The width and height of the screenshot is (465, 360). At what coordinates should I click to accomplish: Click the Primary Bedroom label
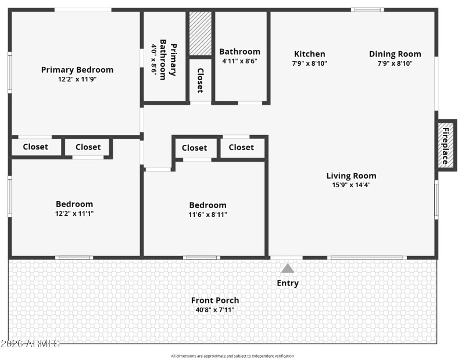coord(77,70)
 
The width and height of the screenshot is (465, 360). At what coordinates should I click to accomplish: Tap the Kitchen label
coord(309,54)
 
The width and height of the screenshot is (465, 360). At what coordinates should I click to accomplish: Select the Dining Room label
coord(395,54)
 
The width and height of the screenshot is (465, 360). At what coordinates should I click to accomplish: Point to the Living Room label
coord(351,176)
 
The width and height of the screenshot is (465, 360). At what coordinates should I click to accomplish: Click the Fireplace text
coord(446,145)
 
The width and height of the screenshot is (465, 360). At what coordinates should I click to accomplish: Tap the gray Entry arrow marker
coord(288,268)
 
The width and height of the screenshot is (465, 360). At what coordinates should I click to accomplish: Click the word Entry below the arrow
coord(288,283)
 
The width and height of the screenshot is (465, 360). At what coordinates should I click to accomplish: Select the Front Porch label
coord(215,300)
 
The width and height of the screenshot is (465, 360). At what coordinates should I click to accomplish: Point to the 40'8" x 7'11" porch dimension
coord(215,310)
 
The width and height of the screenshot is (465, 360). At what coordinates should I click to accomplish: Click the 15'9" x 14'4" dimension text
coord(351,185)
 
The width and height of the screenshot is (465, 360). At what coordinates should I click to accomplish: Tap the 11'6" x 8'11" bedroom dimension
coord(208,214)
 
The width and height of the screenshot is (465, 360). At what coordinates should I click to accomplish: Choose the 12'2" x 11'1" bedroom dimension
coord(74,213)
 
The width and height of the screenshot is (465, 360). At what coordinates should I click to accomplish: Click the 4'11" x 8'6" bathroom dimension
coord(239,61)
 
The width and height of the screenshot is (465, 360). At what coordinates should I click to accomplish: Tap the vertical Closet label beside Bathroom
coord(200,80)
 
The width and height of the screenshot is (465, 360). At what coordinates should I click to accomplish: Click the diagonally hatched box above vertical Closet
coord(200,34)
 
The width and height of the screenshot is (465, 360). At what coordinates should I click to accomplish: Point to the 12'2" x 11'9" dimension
coord(77,79)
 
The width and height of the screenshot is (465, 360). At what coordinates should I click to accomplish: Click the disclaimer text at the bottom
coord(233,356)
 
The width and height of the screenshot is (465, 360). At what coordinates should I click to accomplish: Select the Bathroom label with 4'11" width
coord(239,52)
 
